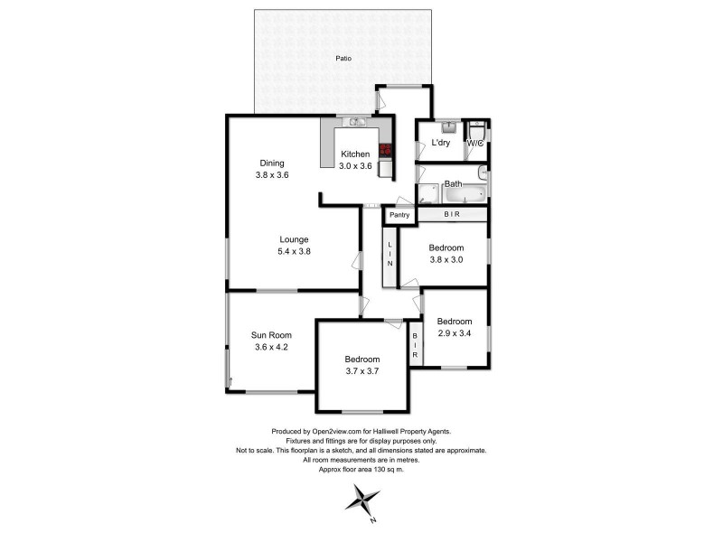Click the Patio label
[343, 59]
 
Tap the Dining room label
[272, 163]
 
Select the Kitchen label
[355, 154]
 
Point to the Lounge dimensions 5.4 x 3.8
[294, 251]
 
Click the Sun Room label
[270, 335]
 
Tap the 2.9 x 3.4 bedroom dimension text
[455, 333]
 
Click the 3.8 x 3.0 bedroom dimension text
[446, 259]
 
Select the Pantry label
[399, 215]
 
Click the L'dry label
[440, 143]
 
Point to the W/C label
[475, 143]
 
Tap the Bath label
[453, 184]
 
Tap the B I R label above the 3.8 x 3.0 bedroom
[452, 214]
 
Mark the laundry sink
[449, 128]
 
